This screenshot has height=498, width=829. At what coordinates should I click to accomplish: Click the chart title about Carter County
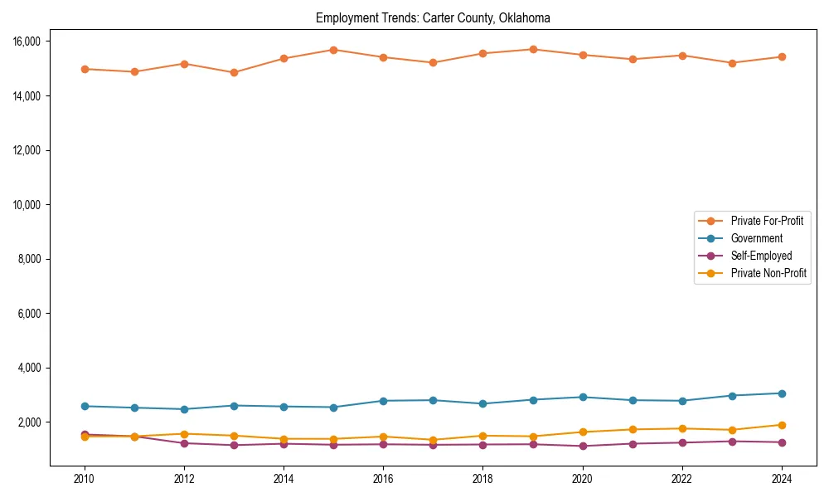point(433,18)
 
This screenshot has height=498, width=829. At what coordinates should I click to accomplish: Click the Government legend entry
point(756,238)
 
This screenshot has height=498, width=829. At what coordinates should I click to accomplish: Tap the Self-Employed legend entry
point(761,256)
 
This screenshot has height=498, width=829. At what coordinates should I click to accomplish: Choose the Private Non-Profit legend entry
point(768,273)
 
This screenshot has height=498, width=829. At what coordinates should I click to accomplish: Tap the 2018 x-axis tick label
point(482,479)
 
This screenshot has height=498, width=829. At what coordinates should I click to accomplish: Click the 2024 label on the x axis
point(782,479)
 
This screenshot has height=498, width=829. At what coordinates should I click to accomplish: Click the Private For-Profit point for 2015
point(333,50)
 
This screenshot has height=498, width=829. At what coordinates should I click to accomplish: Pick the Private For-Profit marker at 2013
point(234,72)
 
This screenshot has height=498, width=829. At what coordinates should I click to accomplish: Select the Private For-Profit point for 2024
point(782,57)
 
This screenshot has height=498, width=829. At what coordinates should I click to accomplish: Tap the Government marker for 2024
point(782,393)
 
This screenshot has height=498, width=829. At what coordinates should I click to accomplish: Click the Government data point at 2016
point(383,401)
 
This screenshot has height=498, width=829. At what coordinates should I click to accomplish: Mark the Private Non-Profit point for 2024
point(782,425)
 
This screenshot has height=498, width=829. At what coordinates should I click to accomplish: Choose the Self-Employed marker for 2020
point(583,446)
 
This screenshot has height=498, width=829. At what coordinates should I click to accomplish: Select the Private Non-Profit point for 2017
point(433,440)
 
